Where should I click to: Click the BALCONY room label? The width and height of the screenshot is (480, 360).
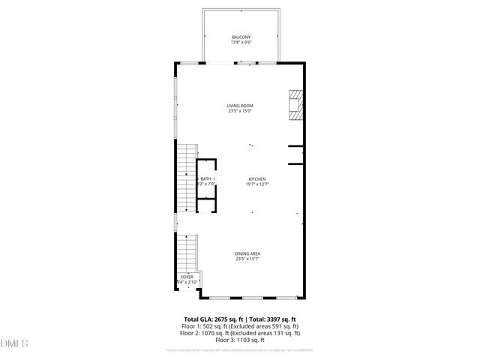click(x=241, y=37)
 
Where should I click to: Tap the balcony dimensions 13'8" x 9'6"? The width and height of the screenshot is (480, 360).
click(x=241, y=43)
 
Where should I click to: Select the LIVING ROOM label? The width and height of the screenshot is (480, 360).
click(x=241, y=106)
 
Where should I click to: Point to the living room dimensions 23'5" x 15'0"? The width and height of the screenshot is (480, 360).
click(x=241, y=112)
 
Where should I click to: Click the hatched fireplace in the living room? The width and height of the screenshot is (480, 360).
click(x=297, y=105)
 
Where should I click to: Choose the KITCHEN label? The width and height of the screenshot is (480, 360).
click(x=257, y=178)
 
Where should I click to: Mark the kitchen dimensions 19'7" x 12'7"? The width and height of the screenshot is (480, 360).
click(x=257, y=184)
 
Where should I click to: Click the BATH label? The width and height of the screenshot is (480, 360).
click(x=205, y=178)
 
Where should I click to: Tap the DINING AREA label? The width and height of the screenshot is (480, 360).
click(x=247, y=253)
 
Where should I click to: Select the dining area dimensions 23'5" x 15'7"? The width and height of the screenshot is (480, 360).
click(x=247, y=259)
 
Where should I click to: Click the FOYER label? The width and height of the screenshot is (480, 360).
click(x=187, y=277)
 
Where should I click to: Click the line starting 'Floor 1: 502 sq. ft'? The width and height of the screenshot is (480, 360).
click(x=241, y=326)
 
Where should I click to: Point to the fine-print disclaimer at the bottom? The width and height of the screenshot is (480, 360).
click(x=240, y=350)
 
